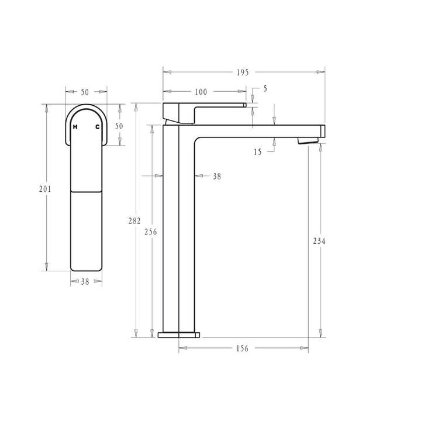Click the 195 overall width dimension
[243, 72]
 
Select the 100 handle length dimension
[201, 92]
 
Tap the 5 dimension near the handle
[265, 88]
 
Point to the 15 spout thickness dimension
[258, 152]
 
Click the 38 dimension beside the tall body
[217, 176]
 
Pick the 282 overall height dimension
[135, 220]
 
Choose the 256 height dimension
[151, 232]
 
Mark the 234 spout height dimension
[319, 241]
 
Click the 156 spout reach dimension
[242, 348]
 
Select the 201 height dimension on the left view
[45, 189]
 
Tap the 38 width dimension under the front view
[85, 282]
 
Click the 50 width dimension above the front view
[85, 92]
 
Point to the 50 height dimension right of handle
[119, 126]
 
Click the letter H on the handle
[74, 126]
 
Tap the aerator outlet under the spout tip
[308, 140]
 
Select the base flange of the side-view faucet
[179, 334]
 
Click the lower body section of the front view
[87, 231]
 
